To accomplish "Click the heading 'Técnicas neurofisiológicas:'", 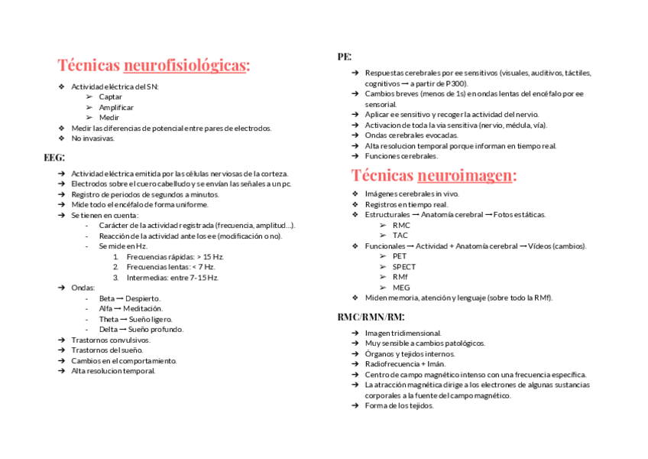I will click(154, 65).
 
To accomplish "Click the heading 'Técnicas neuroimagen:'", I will click(434, 175).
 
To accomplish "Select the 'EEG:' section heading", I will click(54, 157).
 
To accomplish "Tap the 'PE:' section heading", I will click(344, 57).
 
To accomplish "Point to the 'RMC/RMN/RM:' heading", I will click(371, 317).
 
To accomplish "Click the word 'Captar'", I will click(110, 97).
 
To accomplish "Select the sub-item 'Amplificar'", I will click(116, 107).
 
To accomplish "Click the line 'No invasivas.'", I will click(92, 138).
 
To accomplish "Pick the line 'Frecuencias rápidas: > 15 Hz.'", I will click(175, 256).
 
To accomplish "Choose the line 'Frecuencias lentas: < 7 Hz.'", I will click(170, 267).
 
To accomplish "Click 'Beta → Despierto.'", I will click(130, 298).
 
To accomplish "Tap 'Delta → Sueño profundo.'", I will click(141, 330).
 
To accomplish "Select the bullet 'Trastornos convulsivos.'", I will click(111, 340).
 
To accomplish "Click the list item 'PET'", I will click(400, 256).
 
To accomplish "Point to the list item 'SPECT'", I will click(404, 267).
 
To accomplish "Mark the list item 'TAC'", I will click(400, 236).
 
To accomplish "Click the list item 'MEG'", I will click(401, 288).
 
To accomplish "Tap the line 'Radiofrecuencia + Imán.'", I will click(405, 364).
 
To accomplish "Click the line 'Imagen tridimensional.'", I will click(403, 334).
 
